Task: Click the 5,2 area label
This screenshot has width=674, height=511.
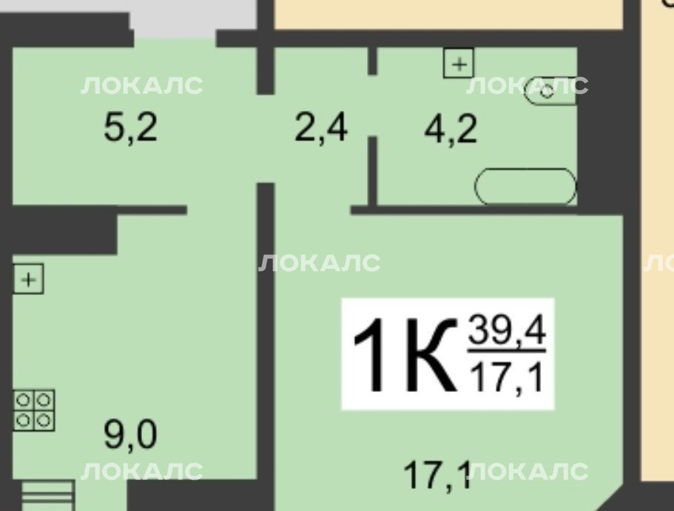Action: (x=131, y=127)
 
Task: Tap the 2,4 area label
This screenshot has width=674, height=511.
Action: (x=321, y=127)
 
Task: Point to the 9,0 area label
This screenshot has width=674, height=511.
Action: (x=130, y=435)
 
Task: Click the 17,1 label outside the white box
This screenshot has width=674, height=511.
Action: (x=437, y=475)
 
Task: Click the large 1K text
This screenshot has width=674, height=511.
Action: (x=405, y=355)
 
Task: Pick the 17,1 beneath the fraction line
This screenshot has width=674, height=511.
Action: (x=507, y=377)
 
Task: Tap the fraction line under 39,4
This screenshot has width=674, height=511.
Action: (x=507, y=351)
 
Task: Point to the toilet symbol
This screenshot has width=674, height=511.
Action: (x=550, y=91)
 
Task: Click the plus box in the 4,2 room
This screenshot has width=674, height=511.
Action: (x=459, y=64)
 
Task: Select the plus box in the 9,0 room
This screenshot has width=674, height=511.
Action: (x=28, y=280)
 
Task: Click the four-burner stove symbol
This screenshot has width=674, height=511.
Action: (x=34, y=410)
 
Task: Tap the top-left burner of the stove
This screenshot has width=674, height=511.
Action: (x=23, y=401)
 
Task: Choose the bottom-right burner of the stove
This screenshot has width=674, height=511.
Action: (x=44, y=420)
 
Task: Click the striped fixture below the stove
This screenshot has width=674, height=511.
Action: (x=47, y=495)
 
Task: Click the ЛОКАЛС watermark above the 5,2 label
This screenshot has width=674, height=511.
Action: (x=142, y=86)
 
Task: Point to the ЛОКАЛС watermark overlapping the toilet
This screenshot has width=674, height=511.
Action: (x=527, y=86)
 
